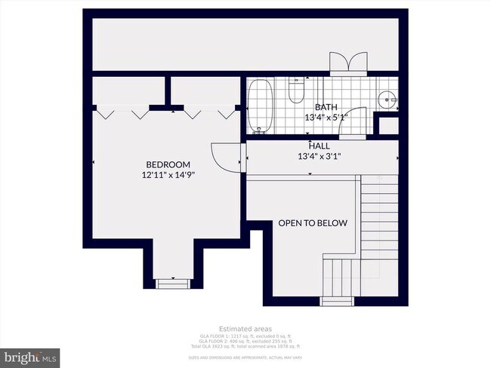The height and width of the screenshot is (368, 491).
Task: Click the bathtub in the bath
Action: [x=262, y=105]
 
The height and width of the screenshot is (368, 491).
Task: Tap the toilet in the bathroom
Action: [x=296, y=91]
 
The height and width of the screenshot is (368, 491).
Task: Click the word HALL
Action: [x=319, y=146]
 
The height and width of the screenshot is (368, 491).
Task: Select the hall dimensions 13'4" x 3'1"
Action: [x=320, y=156]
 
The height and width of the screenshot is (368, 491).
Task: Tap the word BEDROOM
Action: [x=168, y=164]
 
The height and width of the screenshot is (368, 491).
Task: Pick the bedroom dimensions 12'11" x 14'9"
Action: [x=168, y=174]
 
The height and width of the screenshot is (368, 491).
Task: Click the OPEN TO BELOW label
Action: [x=313, y=222]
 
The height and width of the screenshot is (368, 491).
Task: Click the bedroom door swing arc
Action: [x=224, y=155]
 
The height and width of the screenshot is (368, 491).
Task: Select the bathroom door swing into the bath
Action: [x=352, y=127]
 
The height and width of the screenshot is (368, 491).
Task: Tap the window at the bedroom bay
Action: [x=173, y=283]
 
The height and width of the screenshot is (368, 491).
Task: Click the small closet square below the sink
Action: [x=388, y=126]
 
